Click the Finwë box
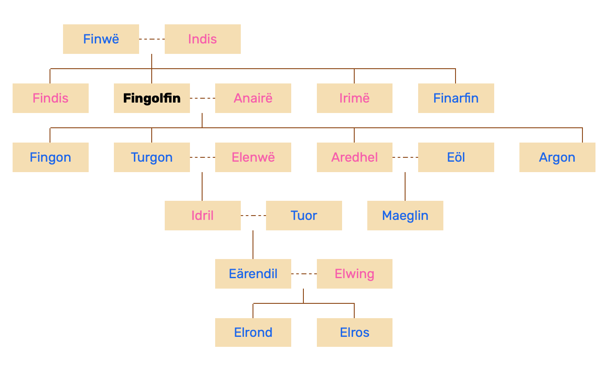tap(101, 39)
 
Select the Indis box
tap(203, 39)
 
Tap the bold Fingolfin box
tap(152, 98)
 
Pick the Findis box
tap(50, 98)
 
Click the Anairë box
tap(253, 98)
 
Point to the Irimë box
tap(354, 98)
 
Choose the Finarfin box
tap(456, 98)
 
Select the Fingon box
tap(50, 157)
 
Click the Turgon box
tap(152, 157)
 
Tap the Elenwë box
tap(253, 157)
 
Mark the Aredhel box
tap(354, 157)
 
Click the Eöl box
tap(456, 157)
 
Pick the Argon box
tap(557, 157)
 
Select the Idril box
tap(203, 216)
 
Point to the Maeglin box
tap(405, 216)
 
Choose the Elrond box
tap(253, 332)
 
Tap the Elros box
tap(354, 332)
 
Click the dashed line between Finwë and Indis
tap(152, 39)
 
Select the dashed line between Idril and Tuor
tap(253, 216)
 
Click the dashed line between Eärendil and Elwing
tap(304, 274)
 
